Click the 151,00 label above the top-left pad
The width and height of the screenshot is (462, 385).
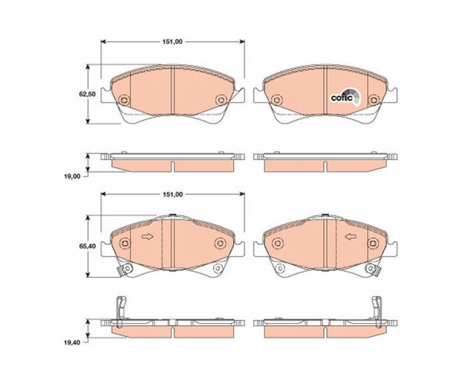coord(172,42)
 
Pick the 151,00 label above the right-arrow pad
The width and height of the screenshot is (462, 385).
coord(172,194)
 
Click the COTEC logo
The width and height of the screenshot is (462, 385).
coord(345,97)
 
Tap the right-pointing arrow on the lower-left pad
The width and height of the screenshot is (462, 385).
coord(147,237)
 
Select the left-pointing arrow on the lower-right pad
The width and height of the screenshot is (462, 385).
coord(351,237)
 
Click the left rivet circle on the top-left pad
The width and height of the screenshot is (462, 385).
coord(124,100)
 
